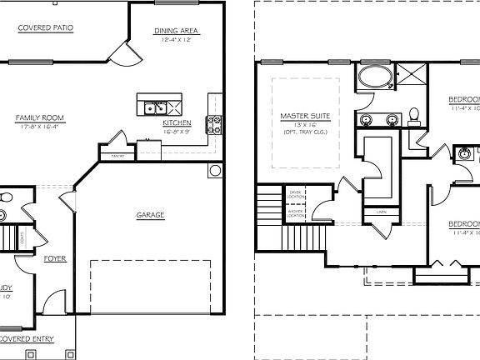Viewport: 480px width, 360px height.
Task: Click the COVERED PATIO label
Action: [x=46, y=27]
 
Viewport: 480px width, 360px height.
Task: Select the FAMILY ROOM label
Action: [x=40, y=117]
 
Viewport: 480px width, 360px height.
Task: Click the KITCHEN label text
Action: [x=177, y=122]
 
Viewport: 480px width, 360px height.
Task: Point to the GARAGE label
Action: [x=150, y=215]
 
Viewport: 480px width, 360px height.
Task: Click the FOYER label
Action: [x=55, y=258]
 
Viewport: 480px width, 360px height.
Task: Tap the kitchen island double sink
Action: [x=154, y=107]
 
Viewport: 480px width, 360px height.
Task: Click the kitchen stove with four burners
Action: [x=214, y=125]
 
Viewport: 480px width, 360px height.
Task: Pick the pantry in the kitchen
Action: [x=106, y=155]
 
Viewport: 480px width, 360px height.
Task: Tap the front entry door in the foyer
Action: [x=55, y=302]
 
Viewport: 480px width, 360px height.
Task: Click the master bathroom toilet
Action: [x=413, y=114]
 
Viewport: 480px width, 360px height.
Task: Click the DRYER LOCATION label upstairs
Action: [x=295, y=193]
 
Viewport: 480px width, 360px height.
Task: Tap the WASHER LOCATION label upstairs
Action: [x=295, y=212]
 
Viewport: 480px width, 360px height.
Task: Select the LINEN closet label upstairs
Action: [x=381, y=212]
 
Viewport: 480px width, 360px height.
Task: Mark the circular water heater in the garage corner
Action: [x=215, y=172]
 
